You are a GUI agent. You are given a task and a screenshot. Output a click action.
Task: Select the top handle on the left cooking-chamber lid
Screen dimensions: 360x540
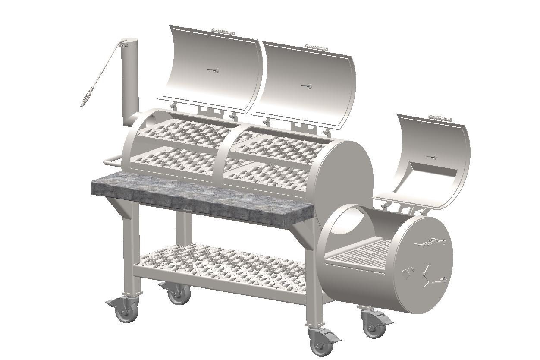[223, 32]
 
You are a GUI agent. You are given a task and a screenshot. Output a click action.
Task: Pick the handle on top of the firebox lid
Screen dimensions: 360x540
[440, 118]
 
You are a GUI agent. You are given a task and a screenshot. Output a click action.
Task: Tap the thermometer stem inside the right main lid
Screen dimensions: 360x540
[307, 86]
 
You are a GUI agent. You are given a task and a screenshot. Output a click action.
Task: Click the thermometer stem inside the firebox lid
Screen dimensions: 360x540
[431, 157]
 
